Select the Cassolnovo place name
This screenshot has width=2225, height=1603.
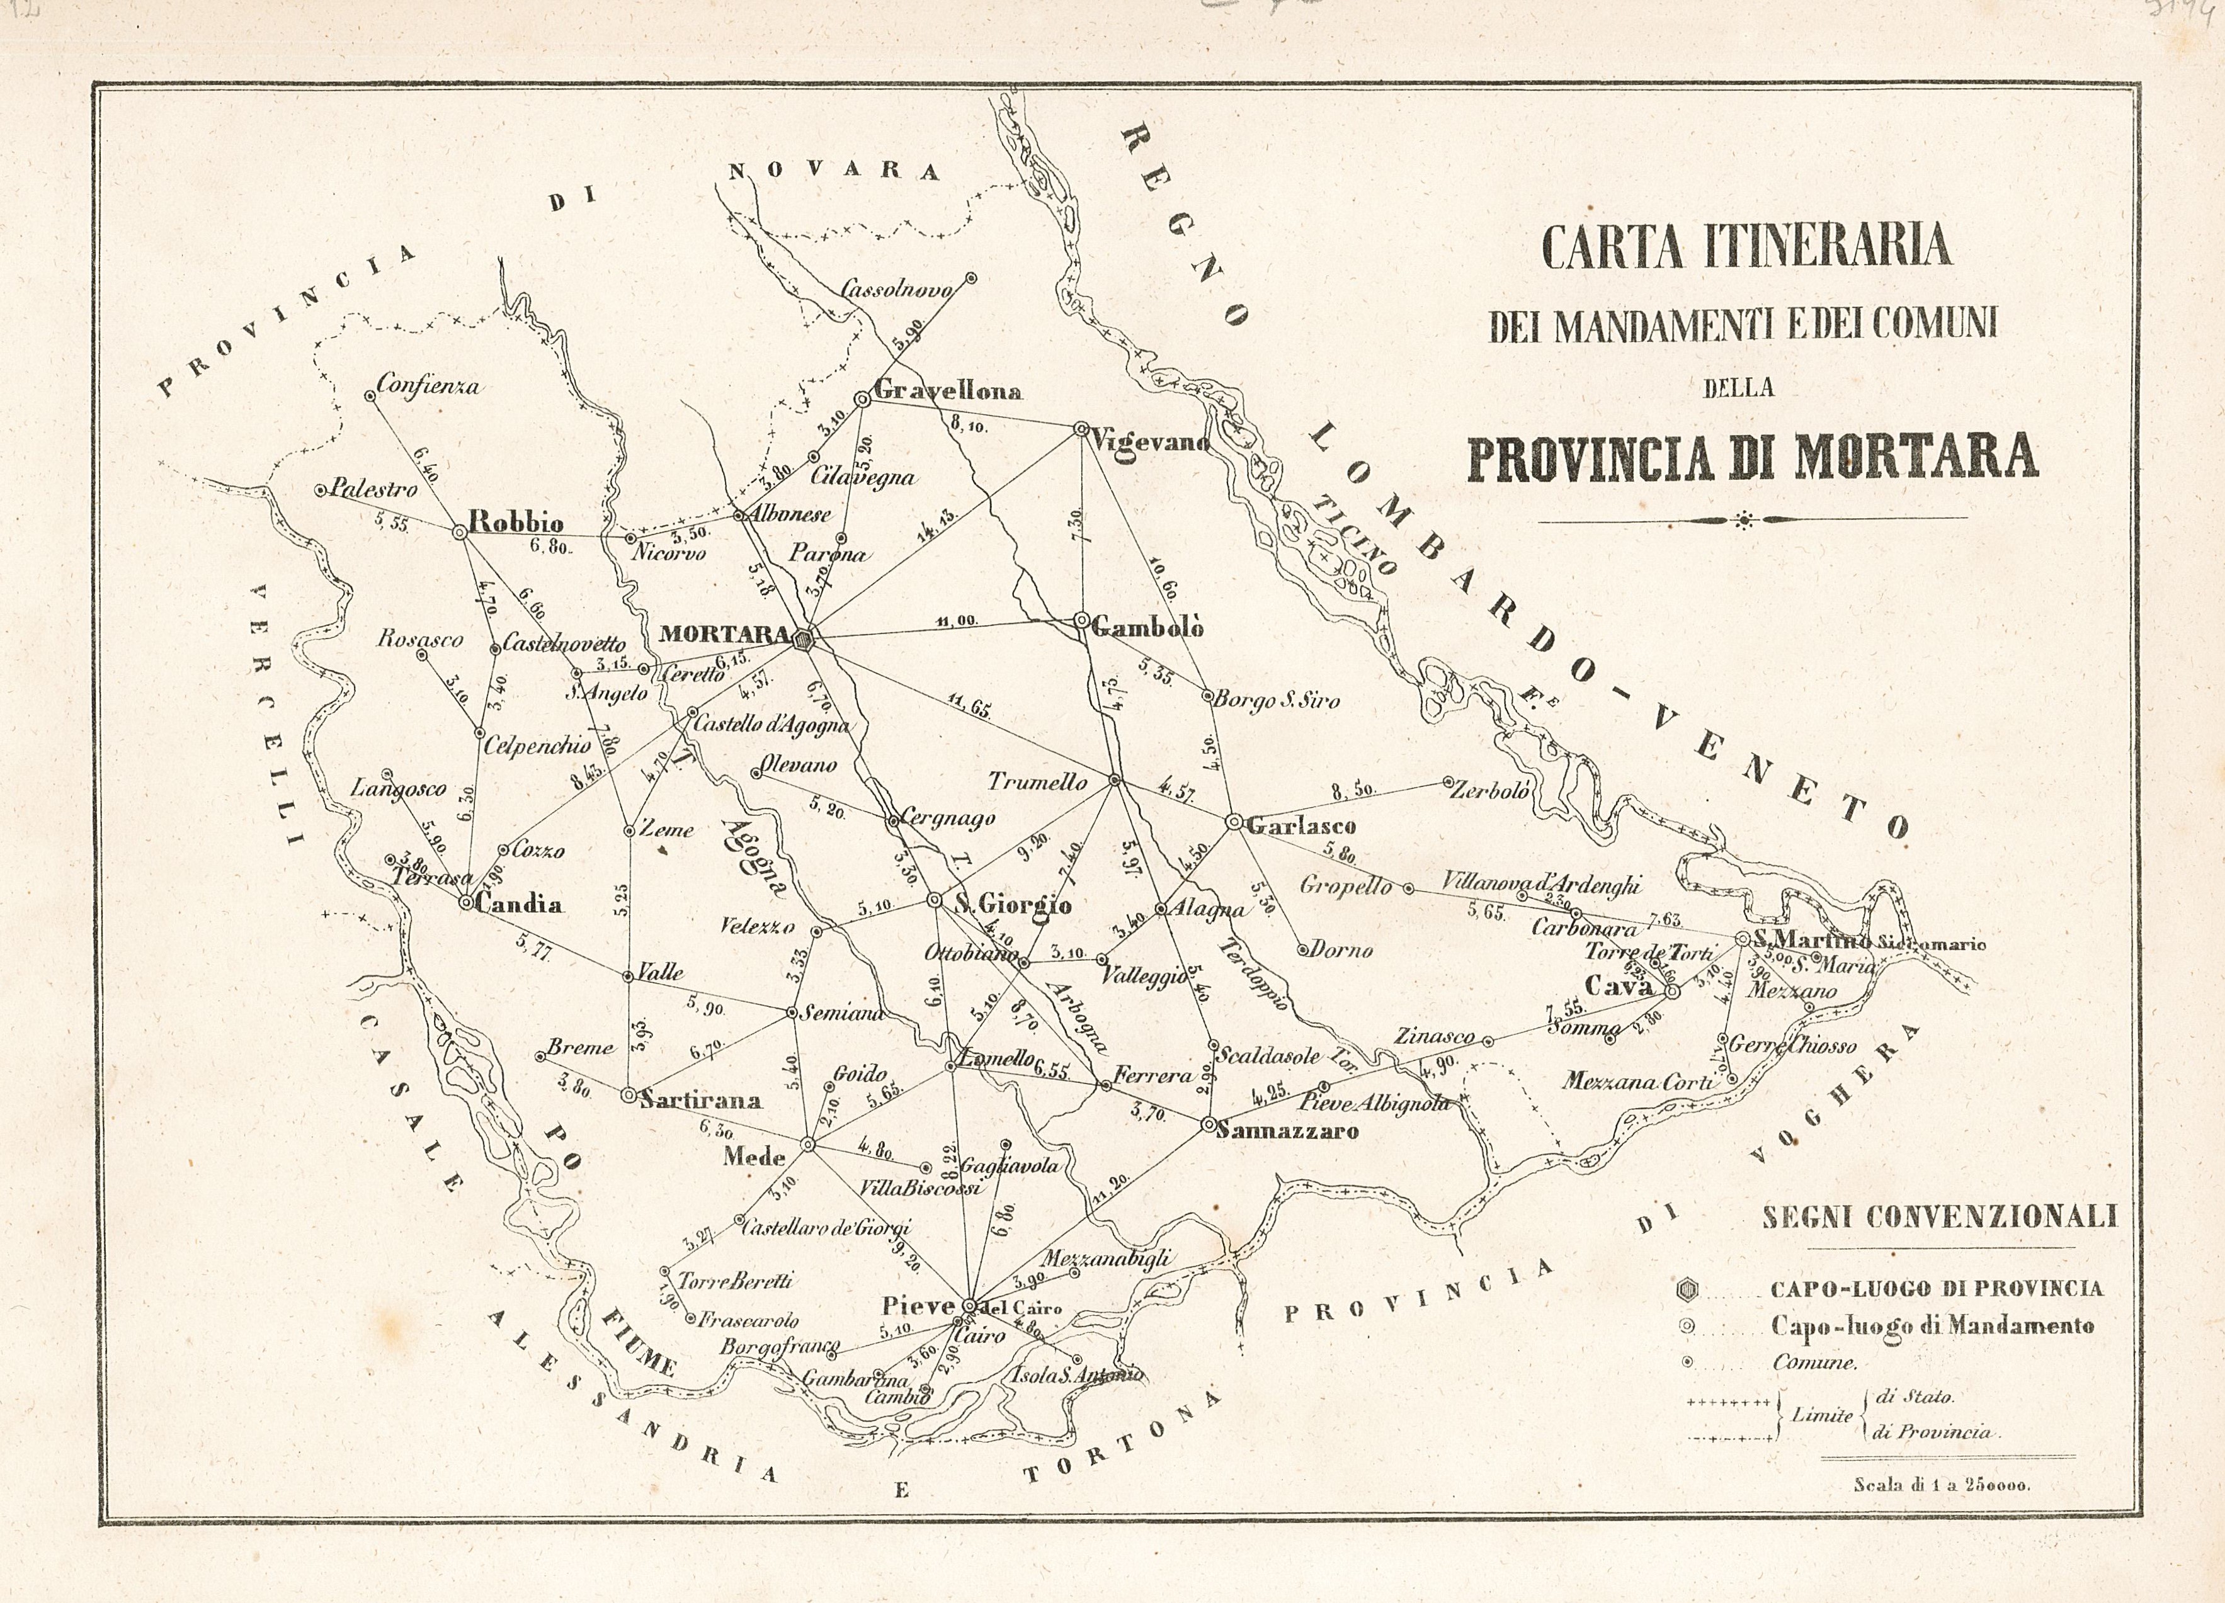[897, 290]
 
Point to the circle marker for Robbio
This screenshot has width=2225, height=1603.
[458, 532]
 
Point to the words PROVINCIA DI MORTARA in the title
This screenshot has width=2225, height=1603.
[1752, 456]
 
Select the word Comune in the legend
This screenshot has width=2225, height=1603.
[1814, 1362]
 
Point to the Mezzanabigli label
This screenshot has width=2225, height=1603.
[1106, 1259]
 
